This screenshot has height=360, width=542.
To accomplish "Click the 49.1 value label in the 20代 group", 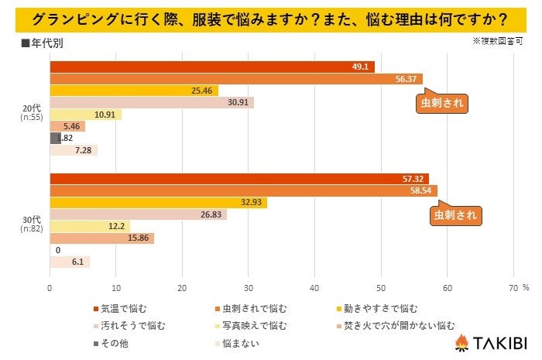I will click(x=360, y=67).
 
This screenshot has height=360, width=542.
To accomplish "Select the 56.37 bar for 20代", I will click(x=236, y=78).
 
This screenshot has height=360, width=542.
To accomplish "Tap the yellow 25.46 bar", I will click(x=134, y=91).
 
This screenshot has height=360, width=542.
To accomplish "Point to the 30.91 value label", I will click(x=240, y=102).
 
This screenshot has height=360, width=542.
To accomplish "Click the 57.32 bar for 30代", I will click(x=238, y=179).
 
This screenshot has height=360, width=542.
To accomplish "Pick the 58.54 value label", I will click(x=424, y=190).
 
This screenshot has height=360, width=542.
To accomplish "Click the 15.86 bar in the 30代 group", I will click(x=101, y=238).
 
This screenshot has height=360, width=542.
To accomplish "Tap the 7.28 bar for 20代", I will click(x=74, y=150).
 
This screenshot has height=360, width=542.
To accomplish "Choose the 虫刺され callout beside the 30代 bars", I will click(x=455, y=215).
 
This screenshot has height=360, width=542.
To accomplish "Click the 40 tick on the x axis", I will click(x=314, y=287).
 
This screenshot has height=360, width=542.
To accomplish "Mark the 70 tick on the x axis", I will click(x=513, y=287).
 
